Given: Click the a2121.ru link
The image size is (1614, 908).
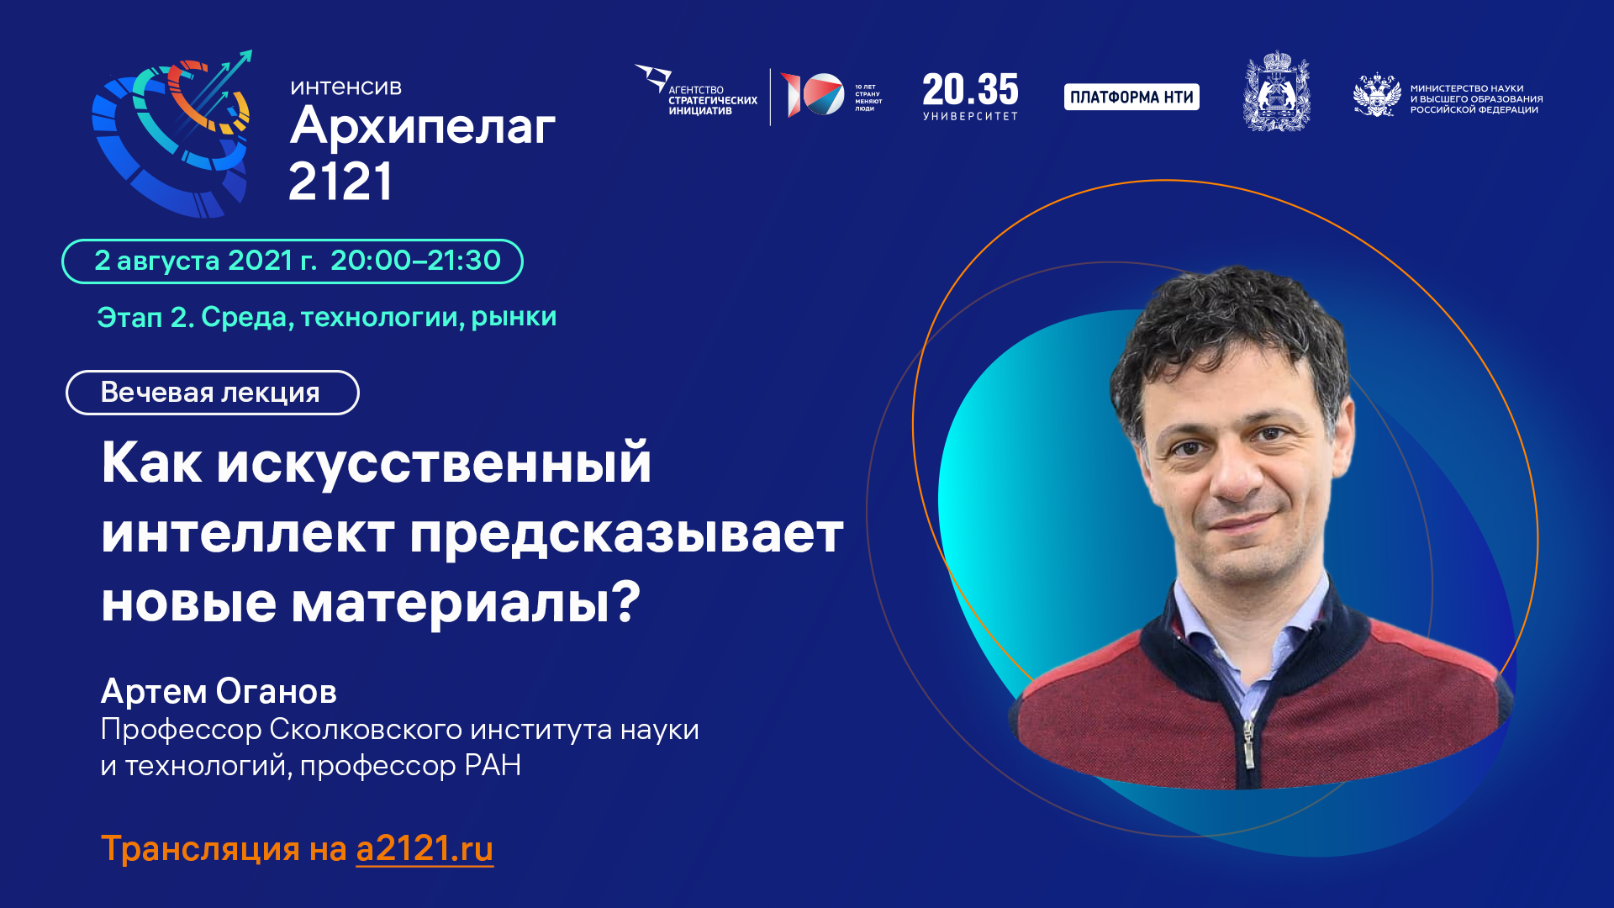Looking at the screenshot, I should tap(425, 849).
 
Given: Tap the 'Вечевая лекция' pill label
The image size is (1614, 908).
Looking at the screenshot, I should tap(212, 393).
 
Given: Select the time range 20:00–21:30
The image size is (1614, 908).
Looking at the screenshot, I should tap(415, 261).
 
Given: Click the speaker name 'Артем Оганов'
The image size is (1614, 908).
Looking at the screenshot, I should tap(219, 691).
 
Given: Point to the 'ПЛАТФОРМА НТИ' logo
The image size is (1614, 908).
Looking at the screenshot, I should tap(1131, 98).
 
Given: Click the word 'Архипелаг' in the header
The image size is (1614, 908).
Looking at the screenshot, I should tap(422, 127).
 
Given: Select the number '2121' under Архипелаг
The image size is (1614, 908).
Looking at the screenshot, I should tap(340, 182).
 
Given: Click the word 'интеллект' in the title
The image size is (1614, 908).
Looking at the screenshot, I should tap(248, 533).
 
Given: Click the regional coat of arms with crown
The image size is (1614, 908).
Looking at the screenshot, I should tap(1276, 92).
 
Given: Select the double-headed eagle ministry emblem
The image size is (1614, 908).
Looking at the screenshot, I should tap(1376, 96).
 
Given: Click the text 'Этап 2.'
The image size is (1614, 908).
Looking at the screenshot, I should tap(145, 318).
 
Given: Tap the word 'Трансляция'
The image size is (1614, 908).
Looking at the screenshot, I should tap(200, 849).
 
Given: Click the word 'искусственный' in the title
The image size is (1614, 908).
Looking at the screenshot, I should tap(434, 463).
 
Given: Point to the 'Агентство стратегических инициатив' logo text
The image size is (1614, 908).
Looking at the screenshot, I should tap(712, 100).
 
